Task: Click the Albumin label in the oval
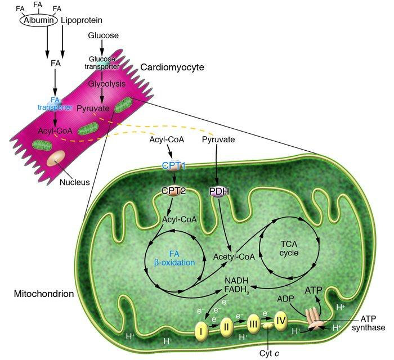38,20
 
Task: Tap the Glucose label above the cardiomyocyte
103,36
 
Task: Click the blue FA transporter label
55,103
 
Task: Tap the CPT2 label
173,190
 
